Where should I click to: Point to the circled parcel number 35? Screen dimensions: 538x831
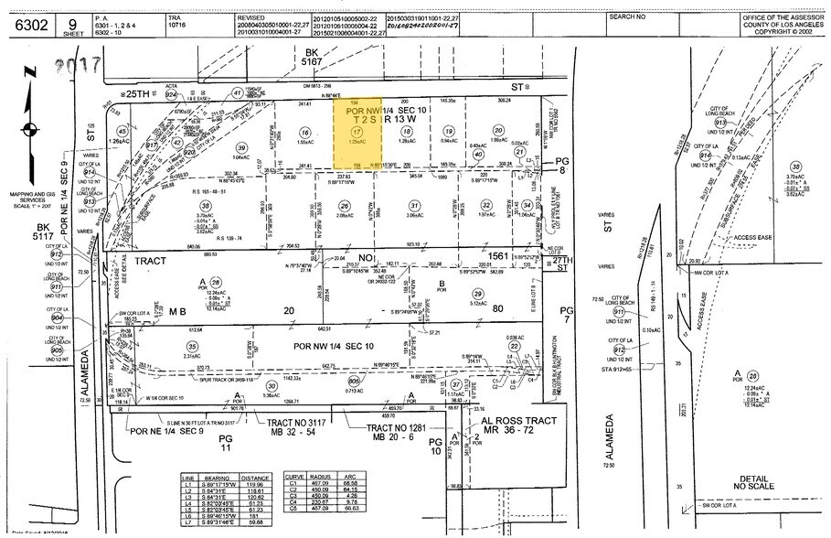click(x=192, y=346)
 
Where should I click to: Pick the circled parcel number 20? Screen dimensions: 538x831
click(x=498, y=130)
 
